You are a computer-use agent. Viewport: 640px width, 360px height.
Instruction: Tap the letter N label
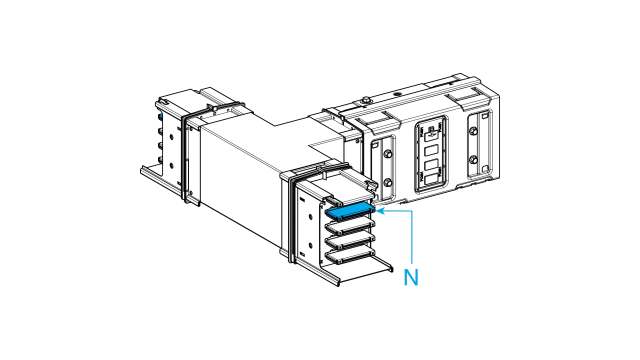(x=411, y=278)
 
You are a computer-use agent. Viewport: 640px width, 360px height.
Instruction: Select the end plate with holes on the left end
(x=165, y=140)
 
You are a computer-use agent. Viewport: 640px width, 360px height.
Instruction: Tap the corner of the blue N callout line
(x=412, y=211)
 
